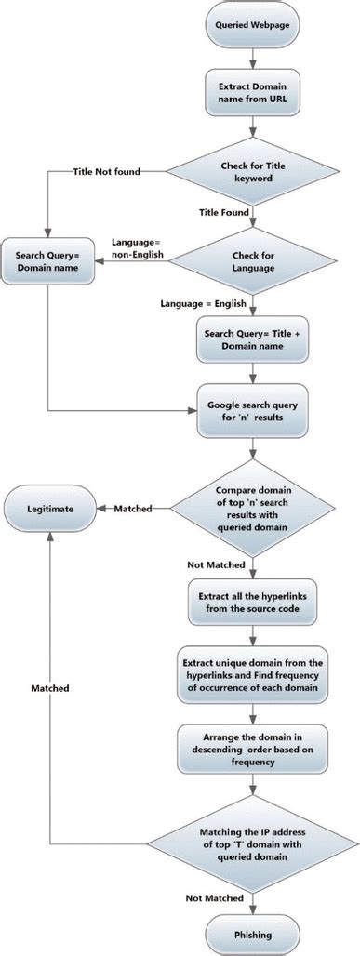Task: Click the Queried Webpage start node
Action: click(253, 28)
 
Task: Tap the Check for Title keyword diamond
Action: click(253, 172)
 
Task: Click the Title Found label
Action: click(224, 213)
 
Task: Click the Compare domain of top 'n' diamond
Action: click(253, 510)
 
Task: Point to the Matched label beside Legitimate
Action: click(134, 510)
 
